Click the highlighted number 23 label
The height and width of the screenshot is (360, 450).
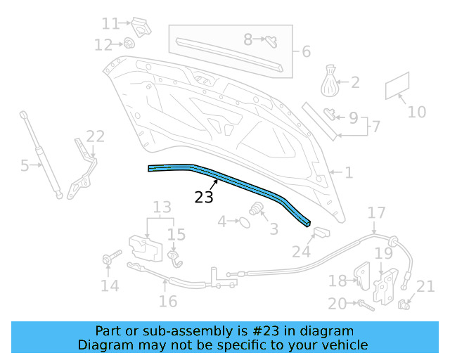(x=204, y=198)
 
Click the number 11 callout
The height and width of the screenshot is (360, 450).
(x=110, y=24)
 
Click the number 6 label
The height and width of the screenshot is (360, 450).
(x=306, y=51)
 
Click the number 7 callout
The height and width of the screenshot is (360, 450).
(x=376, y=127)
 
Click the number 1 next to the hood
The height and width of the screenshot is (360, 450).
(x=349, y=172)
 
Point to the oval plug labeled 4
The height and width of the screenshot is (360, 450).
(x=243, y=222)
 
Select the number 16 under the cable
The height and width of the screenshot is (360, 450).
(x=167, y=301)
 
